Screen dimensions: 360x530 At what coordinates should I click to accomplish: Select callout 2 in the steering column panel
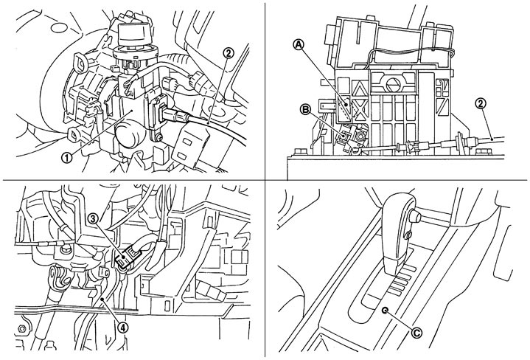tap(228, 52)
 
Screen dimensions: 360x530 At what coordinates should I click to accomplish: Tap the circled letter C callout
tap(417, 333)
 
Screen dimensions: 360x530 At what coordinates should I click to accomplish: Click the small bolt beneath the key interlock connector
tap(157, 138)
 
